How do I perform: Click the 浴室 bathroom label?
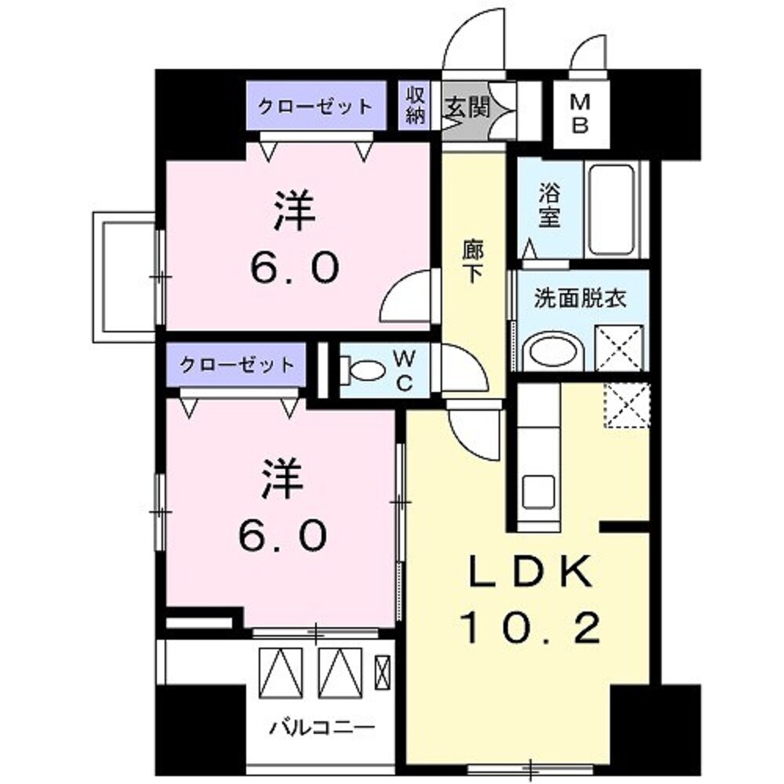(x=549, y=205)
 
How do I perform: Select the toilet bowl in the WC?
(x=362, y=368)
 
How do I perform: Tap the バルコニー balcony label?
(x=321, y=728)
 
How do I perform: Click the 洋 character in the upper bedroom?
(x=294, y=212)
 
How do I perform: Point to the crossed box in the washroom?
(x=619, y=347)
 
